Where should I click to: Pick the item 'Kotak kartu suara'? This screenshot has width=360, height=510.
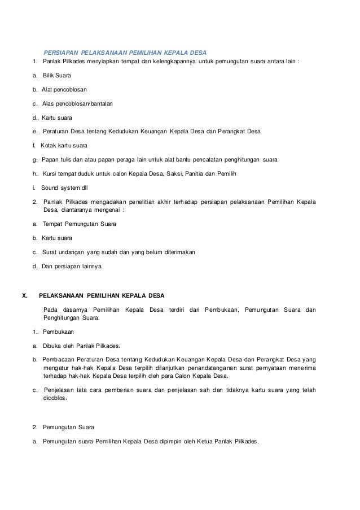click(65, 145)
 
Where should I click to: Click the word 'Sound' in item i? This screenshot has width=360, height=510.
click(51, 187)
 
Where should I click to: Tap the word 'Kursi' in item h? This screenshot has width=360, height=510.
click(51, 173)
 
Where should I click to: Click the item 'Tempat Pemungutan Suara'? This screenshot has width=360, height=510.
click(80, 224)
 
